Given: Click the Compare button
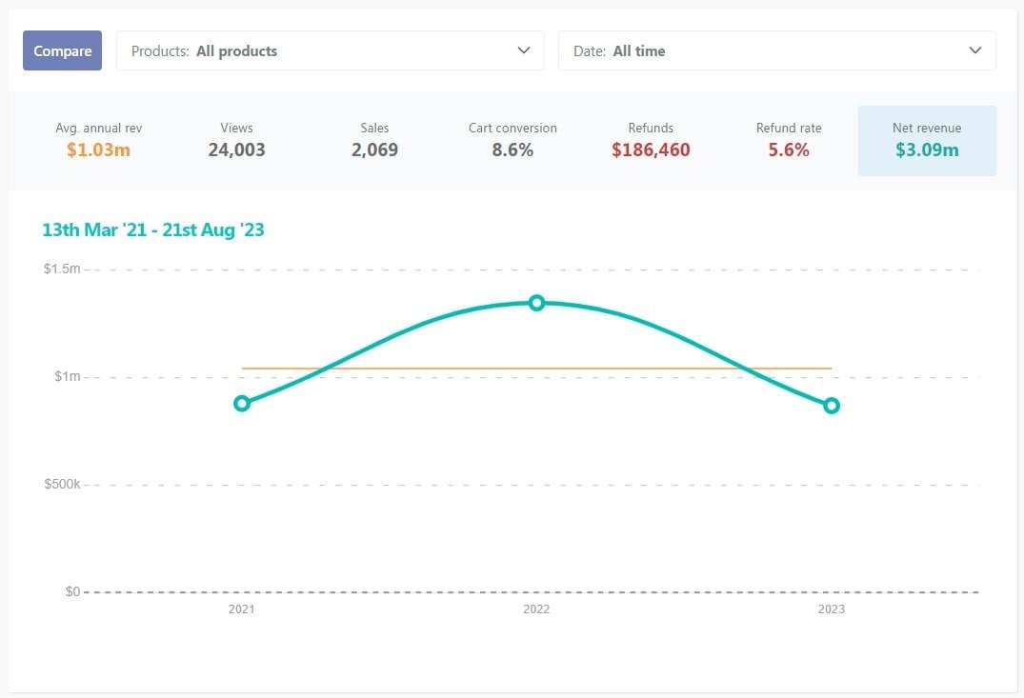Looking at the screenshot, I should [x=62, y=51].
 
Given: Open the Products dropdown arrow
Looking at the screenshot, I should [x=523, y=50].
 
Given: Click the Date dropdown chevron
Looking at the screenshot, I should [x=974, y=50].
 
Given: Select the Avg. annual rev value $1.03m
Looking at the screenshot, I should [x=98, y=150].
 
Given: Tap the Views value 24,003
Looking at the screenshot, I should [x=236, y=150].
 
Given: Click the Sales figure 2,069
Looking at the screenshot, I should [x=374, y=150].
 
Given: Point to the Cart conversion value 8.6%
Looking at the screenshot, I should [x=512, y=150].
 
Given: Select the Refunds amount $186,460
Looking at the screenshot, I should [x=651, y=150].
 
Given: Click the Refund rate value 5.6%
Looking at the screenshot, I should [x=789, y=150].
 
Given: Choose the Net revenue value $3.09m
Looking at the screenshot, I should [x=927, y=150].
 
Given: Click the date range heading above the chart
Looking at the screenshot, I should [x=153, y=229].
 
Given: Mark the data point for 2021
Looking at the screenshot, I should [x=242, y=403].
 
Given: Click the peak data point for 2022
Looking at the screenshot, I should [x=536, y=303].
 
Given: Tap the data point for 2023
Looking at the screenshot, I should [x=832, y=406].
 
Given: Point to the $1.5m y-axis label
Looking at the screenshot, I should [x=62, y=269].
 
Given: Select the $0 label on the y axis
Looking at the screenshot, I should [x=72, y=591].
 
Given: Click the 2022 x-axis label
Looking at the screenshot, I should [x=536, y=609].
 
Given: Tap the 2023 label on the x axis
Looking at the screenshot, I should [x=831, y=609].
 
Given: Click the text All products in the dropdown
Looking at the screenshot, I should [x=236, y=51].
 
